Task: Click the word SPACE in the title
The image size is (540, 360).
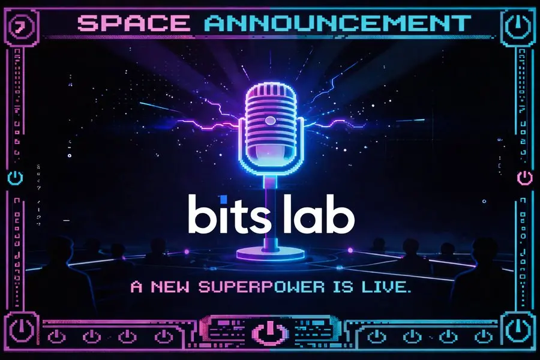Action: pyautogui.click(x=134, y=23)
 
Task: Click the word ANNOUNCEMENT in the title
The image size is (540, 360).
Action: pyautogui.click(x=337, y=23)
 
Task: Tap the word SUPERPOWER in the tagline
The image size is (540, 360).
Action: pyautogui.click(x=262, y=287)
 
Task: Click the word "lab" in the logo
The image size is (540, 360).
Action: pyautogui.click(x=319, y=214)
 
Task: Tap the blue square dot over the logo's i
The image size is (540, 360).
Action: pyautogui.click(x=224, y=199)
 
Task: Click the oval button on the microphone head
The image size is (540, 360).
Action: pyautogui.click(x=271, y=121)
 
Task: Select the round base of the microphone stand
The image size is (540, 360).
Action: pyautogui.click(x=271, y=254)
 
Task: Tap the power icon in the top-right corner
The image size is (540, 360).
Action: pyautogui.click(x=518, y=26)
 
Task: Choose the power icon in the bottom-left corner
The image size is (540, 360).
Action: pyautogui.click(x=22, y=329)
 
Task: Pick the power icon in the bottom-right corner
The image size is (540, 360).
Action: pyautogui.click(x=518, y=329)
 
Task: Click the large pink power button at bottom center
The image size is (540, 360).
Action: pyautogui.click(x=269, y=332)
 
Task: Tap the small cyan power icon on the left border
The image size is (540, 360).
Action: pyautogui.click(x=16, y=178)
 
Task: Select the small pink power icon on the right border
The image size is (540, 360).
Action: pyautogui.click(x=525, y=178)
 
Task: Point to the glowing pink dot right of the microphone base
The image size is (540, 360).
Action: pyautogui.click(x=350, y=250)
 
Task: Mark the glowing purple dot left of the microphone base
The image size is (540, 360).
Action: pyautogui.click(x=187, y=252)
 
